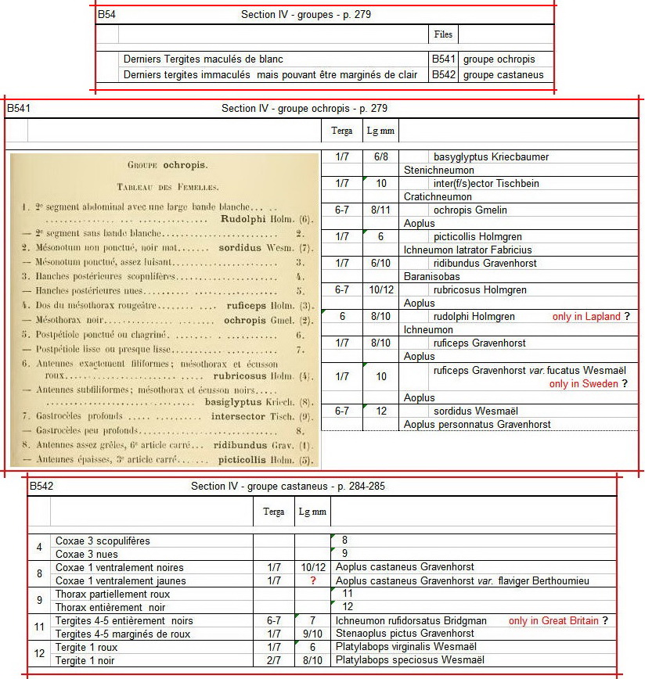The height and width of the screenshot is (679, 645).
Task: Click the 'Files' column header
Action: tap(442, 34)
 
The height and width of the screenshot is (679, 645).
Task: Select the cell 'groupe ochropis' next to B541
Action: tap(497, 59)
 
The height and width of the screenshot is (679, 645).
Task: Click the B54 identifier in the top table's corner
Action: tap(106, 15)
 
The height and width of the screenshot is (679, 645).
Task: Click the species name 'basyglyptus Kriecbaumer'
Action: tap(491, 157)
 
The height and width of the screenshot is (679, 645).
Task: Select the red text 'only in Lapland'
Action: tap(586, 317)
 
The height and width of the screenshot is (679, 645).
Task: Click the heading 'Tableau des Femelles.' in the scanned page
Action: tap(167, 187)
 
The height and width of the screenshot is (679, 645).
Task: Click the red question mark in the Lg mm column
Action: tap(312, 581)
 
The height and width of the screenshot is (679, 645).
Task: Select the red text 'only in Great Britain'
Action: tap(553, 621)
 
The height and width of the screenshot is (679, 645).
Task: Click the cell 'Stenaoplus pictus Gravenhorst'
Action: tap(403, 634)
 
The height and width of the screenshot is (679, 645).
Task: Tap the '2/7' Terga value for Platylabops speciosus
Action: tap(273, 660)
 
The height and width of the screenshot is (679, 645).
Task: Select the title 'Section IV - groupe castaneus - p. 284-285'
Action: tap(287, 487)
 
